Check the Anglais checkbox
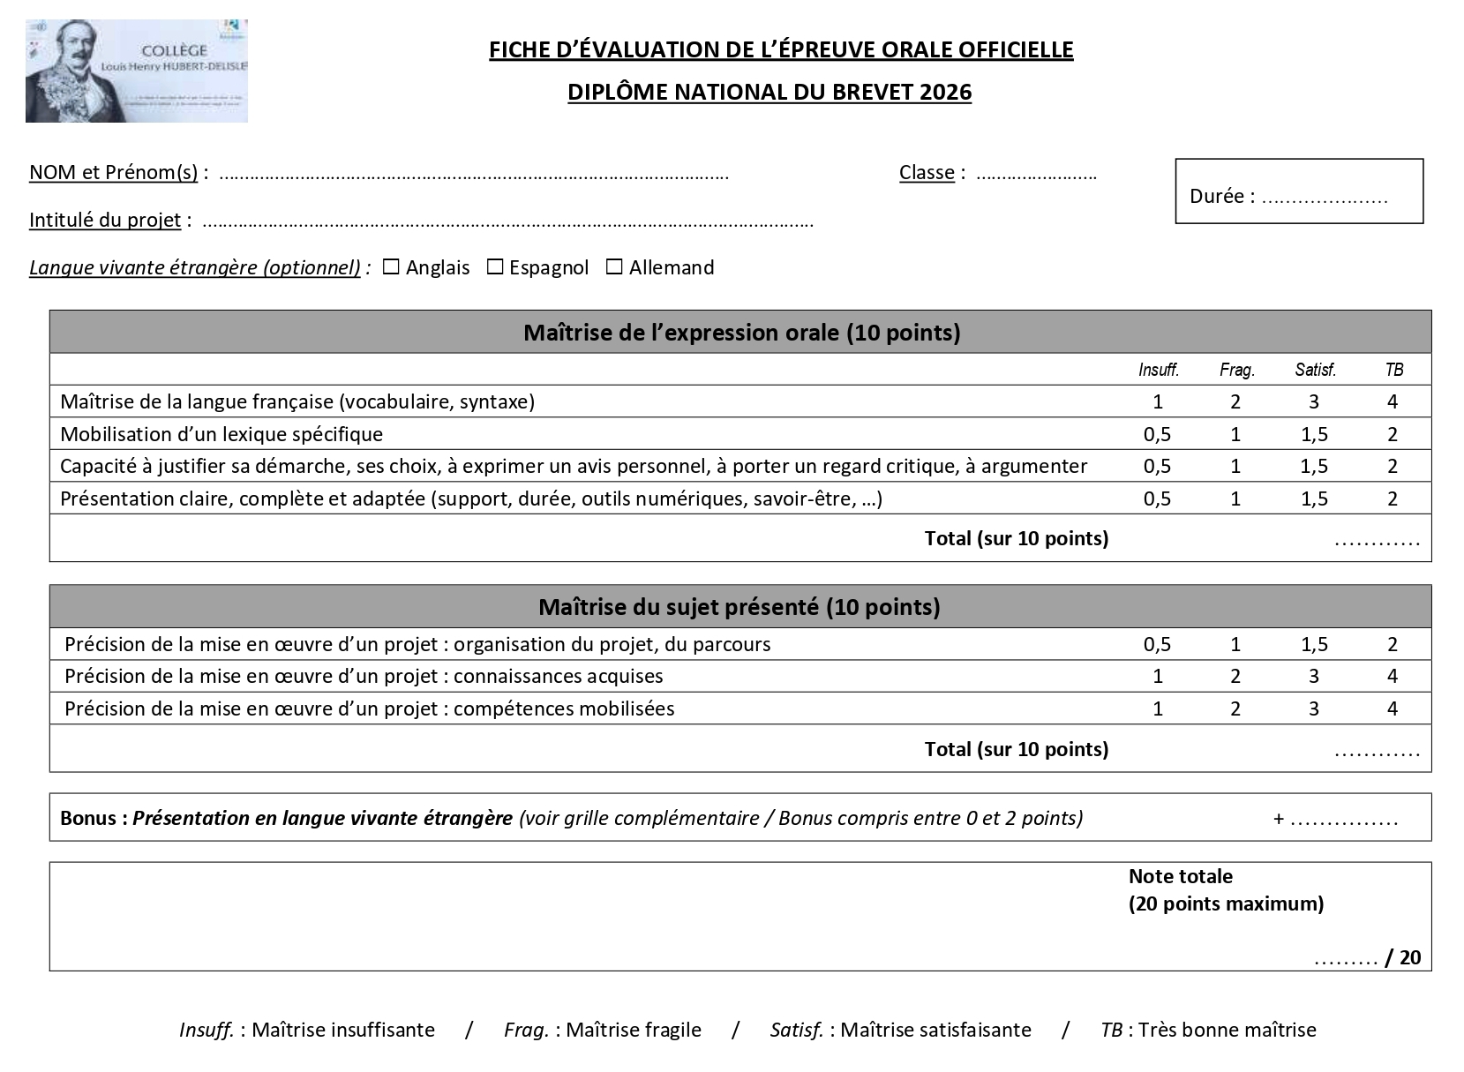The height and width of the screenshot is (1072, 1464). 391,267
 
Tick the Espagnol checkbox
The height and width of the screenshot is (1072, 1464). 495,267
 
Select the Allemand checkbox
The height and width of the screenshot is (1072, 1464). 614,267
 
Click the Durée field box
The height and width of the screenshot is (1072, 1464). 1298,191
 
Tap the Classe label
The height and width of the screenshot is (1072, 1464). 926,173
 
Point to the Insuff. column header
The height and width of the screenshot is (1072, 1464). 1158,371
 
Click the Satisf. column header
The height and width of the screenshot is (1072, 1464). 1315,371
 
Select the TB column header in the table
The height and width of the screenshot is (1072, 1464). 1393,371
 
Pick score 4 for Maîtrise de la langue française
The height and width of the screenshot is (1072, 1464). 1393,402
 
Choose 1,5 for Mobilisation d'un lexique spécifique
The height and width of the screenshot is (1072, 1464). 1314,435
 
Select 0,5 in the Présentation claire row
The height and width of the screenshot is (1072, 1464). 1157,499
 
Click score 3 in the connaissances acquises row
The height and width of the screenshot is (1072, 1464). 1314,677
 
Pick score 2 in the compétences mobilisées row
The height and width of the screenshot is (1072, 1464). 1235,709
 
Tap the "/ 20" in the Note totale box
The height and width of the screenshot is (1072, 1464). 1404,958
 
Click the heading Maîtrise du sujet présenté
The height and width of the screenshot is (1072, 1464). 740,608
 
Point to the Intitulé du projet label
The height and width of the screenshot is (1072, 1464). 105,221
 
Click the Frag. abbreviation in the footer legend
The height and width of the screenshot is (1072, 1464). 526,1031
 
